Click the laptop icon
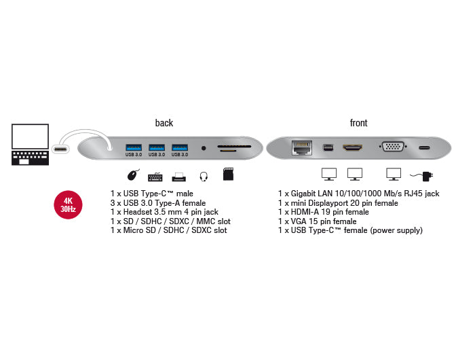(x=30, y=144)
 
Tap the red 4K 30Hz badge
(x=69, y=204)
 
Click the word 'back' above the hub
(x=164, y=123)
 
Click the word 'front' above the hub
(x=358, y=123)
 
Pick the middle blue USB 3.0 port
(x=157, y=147)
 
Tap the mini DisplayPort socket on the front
(x=328, y=147)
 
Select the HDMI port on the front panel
(x=353, y=147)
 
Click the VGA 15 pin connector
(x=392, y=147)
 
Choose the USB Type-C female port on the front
(x=425, y=147)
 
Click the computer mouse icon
(x=134, y=175)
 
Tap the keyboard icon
(x=155, y=176)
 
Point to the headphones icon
(x=203, y=176)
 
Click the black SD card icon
(x=229, y=175)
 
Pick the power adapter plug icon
(x=425, y=176)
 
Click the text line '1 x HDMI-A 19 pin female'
(x=324, y=212)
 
